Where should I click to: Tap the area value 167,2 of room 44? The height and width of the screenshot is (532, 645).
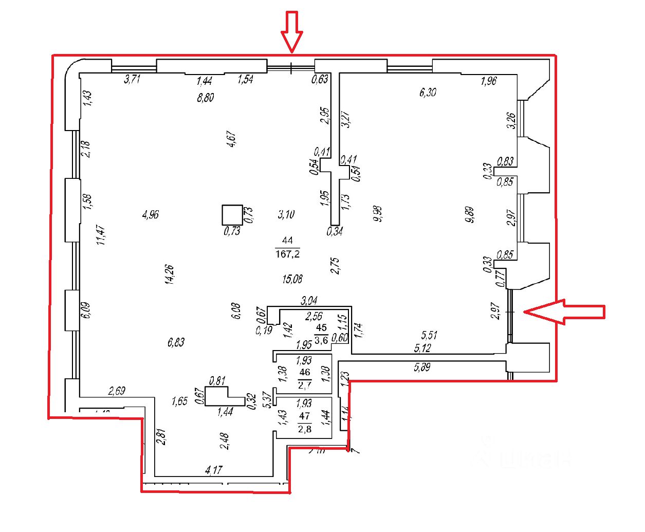pos(287,253)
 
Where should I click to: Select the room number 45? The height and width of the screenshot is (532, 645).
pos(321,328)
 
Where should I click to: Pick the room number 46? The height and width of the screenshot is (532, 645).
pos(305,372)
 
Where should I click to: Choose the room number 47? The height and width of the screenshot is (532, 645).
pos(305,416)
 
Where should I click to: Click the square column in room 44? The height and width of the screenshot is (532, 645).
pos(232,215)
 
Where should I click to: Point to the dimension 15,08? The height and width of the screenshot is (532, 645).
pos(292,279)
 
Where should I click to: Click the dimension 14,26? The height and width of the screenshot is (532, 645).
pos(170,274)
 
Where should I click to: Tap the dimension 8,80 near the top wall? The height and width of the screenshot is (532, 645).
pos(205,98)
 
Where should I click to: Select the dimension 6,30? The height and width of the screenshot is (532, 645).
pos(428,93)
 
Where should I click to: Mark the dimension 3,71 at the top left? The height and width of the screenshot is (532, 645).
pos(132,79)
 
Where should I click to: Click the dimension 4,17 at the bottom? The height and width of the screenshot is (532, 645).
pos(213,469)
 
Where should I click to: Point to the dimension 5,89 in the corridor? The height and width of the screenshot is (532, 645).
pos(422,368)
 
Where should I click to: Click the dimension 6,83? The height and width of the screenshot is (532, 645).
pos(176,342)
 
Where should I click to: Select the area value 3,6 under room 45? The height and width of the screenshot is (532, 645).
pos(321,340)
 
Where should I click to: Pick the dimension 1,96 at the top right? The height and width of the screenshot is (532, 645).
pos(488,81)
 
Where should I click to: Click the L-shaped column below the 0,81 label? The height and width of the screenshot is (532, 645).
pos(221,396)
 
